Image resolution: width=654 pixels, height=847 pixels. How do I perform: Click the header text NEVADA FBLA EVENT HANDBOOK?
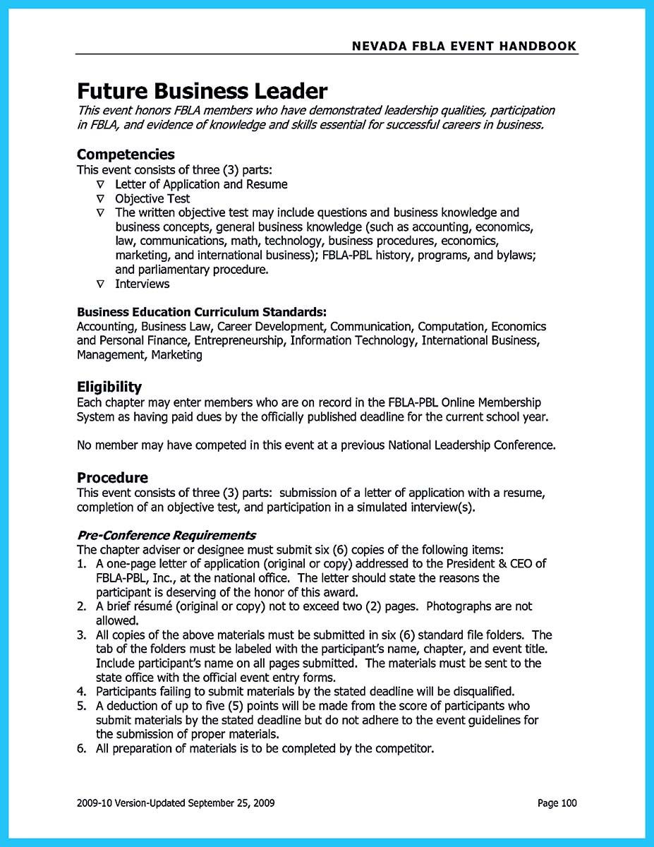coord(464,47)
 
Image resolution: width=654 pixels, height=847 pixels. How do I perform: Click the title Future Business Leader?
coord(202,91)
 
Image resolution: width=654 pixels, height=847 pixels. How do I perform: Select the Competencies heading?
coord(126,154)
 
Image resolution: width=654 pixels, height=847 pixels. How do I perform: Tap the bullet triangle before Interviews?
coord(100,284)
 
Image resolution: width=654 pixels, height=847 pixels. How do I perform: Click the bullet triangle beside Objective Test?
coord(100,199)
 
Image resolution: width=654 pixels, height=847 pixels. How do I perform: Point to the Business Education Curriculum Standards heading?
coord(202,311)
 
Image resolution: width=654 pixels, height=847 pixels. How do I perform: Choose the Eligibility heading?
coord(109,387)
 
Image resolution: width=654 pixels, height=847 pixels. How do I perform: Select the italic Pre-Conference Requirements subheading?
coord(166,534)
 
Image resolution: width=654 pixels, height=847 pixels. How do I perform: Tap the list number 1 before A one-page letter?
coord(81,563)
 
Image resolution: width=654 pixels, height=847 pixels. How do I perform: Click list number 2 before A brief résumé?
coord(81,606)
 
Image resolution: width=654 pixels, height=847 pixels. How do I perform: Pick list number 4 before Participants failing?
coord(81,691)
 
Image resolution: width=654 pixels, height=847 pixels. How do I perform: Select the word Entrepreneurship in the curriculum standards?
coord(240,341)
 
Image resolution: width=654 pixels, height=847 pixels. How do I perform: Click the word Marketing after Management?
coord(176,355)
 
